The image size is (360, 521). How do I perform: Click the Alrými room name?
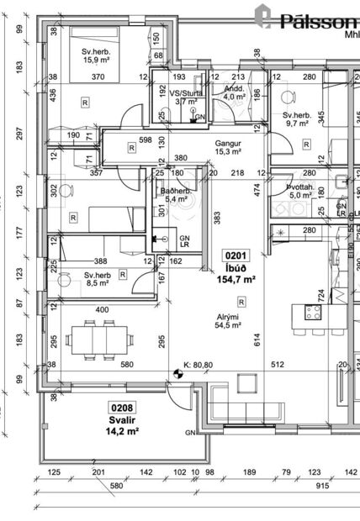click(229, 317)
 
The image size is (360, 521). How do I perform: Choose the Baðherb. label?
click(175, 191)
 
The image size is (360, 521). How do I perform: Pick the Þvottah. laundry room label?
click(300, 187)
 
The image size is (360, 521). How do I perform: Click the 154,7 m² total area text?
click(236, 279)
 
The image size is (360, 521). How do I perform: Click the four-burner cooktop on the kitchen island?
click(314, 313)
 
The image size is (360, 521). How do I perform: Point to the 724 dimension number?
click(320, 294)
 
